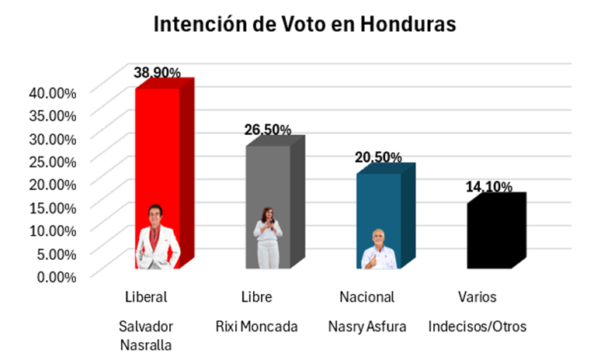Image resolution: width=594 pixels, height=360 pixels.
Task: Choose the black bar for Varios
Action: coord(488,237)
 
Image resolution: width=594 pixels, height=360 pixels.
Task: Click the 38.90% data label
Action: coord(158,73)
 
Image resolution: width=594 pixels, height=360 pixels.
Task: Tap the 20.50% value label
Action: coord(378,157)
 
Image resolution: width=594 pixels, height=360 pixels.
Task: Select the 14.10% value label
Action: coord(488,187)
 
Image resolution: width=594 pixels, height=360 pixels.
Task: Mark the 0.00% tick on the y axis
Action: coord(57,275)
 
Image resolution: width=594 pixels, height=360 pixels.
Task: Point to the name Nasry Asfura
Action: coord(366,327)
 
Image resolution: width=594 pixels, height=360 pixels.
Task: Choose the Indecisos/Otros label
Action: coord(477,327)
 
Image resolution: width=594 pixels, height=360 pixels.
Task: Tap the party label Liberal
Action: coord(146,297)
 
